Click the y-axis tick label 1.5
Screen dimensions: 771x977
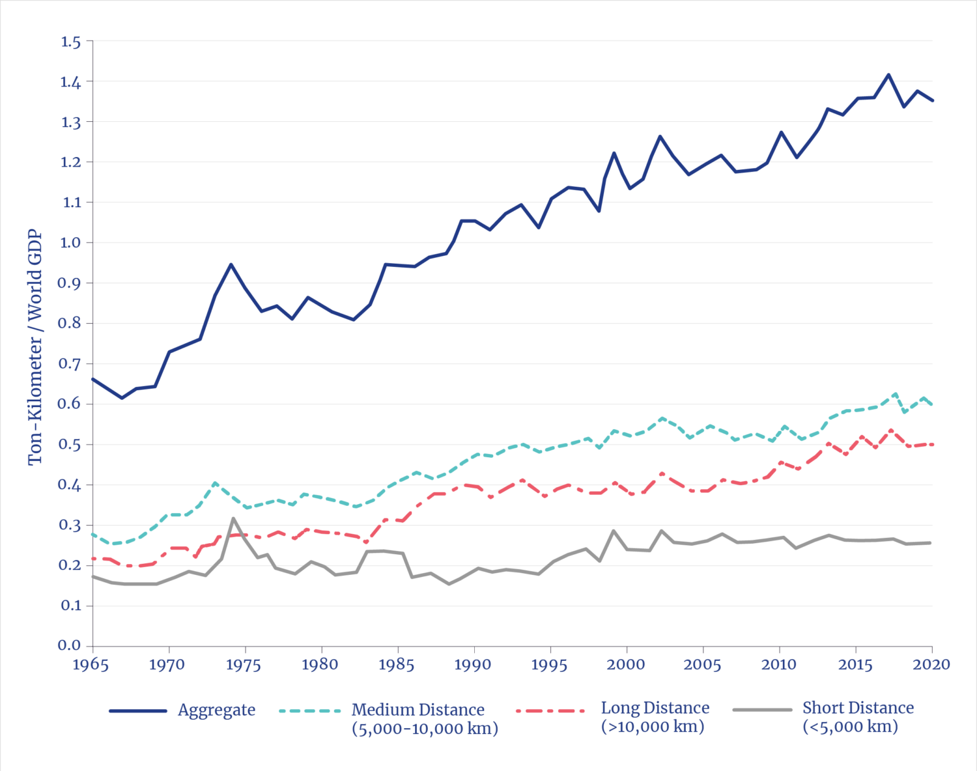coord(71,42)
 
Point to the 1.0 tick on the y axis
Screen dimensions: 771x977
coord(71,243)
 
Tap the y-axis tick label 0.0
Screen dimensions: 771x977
coord(70,645)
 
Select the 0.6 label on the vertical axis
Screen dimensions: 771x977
coord(71,404)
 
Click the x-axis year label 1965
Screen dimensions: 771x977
coord(91,665)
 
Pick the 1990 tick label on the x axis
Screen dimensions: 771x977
coord(473,665)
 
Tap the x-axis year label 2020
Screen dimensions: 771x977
coord(931,665)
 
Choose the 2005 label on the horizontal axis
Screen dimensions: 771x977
coord(702,665)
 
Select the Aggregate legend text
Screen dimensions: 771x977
coord(216,710)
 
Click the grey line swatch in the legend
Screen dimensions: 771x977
coord(762,709)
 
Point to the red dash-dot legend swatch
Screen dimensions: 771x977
coord(550,710)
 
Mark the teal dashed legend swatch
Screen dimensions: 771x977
coord(310,710)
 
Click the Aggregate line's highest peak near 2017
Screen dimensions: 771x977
coord(888,75)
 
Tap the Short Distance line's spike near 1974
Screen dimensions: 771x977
coord(233,519)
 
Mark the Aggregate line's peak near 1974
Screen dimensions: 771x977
coord(231,264)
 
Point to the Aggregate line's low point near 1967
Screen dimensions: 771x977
coord(121,398)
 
